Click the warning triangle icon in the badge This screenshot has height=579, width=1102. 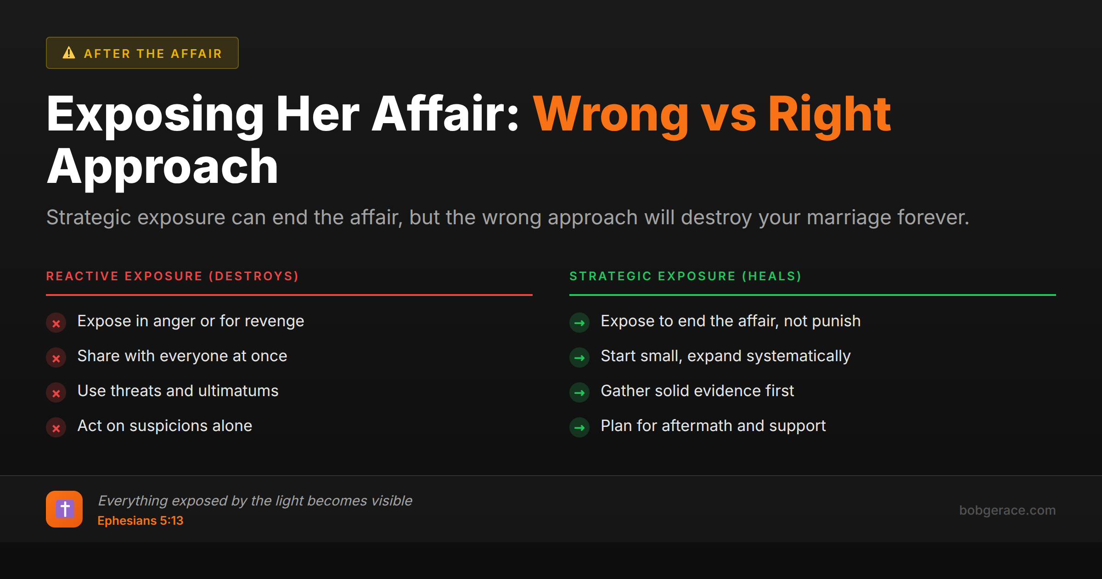[69, 53]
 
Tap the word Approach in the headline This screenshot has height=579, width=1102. [163, 167]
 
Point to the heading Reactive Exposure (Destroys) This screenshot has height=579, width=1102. [173, 276]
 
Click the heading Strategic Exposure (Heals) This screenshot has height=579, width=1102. [686, 276]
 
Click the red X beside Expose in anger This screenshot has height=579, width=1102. [56, 323]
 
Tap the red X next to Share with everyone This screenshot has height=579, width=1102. [56, 358]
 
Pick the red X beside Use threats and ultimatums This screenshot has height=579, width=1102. [56, 393]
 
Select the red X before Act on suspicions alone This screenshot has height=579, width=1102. [56, 428]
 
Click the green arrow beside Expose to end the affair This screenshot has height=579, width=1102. [579, 323]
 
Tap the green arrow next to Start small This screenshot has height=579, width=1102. [579, 358]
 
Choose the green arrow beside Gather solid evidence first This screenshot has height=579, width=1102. [579, 393]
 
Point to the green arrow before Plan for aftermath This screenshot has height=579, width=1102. [579, 428]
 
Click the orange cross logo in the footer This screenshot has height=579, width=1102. [64, 509]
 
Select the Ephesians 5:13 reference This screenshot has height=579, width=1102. [141, 521]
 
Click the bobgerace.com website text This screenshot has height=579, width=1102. [1007, 510]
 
